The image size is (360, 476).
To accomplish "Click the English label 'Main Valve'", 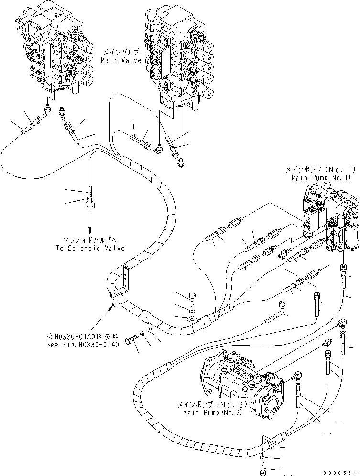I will click(121, 61).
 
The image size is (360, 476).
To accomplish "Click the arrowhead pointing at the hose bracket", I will click(113, 308).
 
